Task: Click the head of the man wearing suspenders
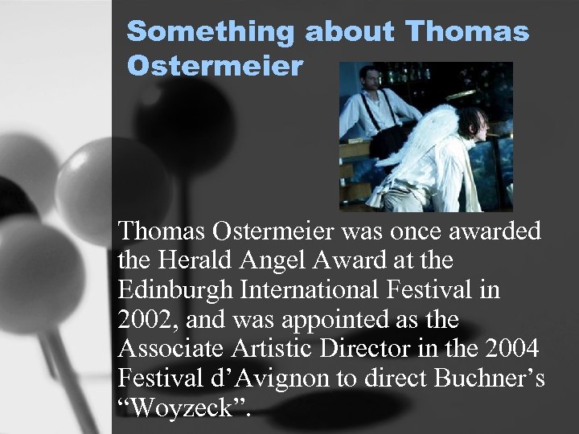point(363,80)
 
